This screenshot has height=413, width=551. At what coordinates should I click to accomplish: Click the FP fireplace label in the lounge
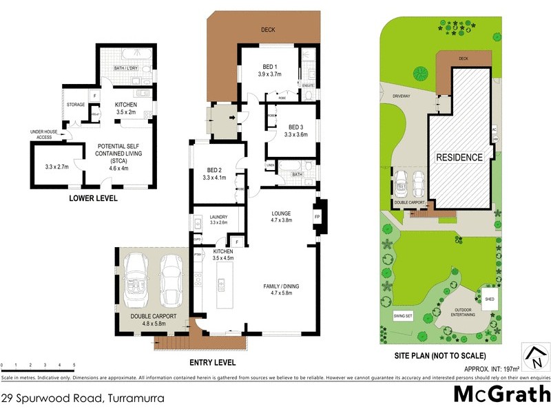pyautogui.click(x=318, y=216)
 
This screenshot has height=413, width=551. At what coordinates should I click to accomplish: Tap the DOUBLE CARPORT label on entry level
pyautogui.click(x=154, y=316)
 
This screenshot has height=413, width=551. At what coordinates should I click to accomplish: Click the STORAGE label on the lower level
pyautogui.click(x=76, y=105)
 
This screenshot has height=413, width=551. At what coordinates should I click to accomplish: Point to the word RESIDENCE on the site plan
pyautogui.click(x=459, y=157)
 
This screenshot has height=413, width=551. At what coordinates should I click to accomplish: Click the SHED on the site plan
pyautogui.click(x=490, y=299)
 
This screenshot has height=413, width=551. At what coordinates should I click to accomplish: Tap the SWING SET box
pyautogui.click(x=402, y=315)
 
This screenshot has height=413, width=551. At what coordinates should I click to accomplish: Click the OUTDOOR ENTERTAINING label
pyautogui.click(x=455, y=311)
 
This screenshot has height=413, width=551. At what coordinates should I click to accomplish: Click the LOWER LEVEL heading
pyautogui.click(x=93, y=198)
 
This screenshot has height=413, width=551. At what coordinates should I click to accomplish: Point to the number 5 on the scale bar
pyautogui.click(x=74, y=364)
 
